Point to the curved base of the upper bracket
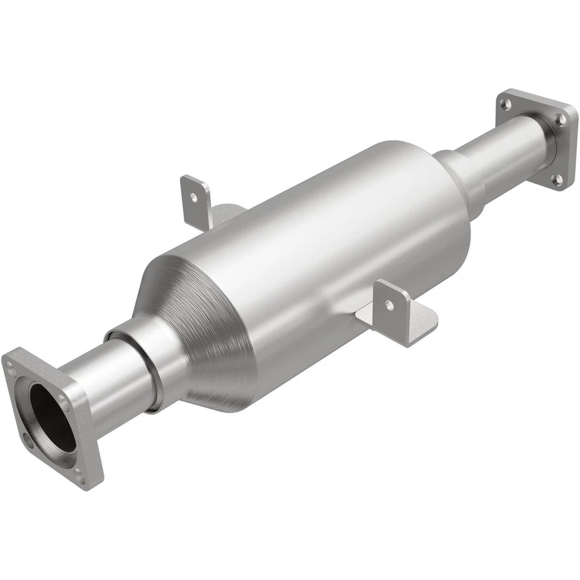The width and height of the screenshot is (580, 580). tap(227, 213)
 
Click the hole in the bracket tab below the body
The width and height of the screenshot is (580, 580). tap(389, 305)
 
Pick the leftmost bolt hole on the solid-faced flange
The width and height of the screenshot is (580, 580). tap(507, 105)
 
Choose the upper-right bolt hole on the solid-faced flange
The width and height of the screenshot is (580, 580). tap(561, 118)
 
